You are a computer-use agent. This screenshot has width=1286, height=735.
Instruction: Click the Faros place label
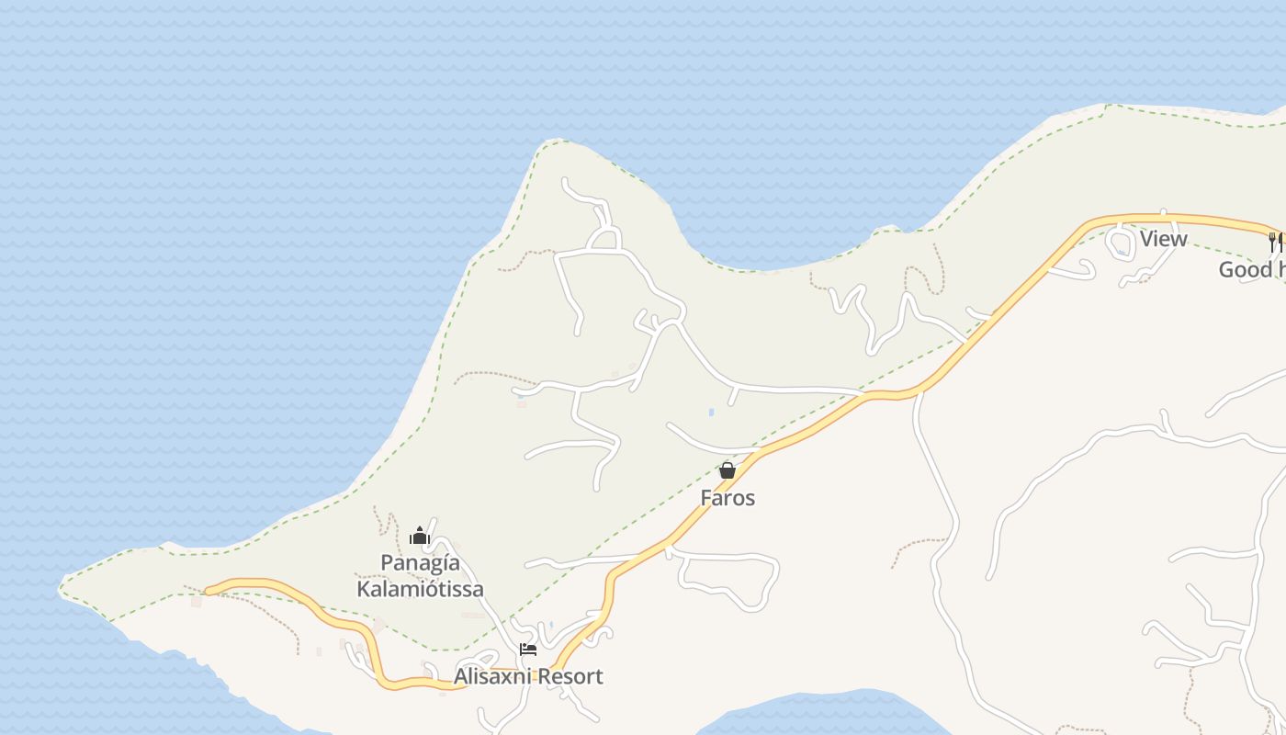pos(728,498)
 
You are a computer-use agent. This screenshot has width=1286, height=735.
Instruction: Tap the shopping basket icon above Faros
pos(728,470)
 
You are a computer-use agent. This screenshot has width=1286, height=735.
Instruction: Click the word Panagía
pos(420,563)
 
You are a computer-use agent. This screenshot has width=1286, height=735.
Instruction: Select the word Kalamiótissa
pos(420,589)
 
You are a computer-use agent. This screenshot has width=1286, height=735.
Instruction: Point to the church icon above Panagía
pos(420,536)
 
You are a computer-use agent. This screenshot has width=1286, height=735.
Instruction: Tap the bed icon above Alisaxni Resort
pos(528,649)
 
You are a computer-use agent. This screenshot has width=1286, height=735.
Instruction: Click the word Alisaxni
pos(492,677)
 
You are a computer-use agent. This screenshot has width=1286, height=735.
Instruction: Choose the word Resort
pos(570,677)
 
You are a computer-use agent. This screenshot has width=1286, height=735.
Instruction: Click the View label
pos(1163,239)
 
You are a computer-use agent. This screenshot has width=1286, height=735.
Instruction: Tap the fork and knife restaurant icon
pos(1275,242)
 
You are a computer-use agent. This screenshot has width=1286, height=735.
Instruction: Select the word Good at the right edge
pos(1245,270)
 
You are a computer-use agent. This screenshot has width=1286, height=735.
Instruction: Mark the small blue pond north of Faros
pos(711,413)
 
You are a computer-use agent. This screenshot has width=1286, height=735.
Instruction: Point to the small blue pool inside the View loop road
pos(1122,251)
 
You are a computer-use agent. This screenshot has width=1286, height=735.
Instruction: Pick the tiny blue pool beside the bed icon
pos(550,626)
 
